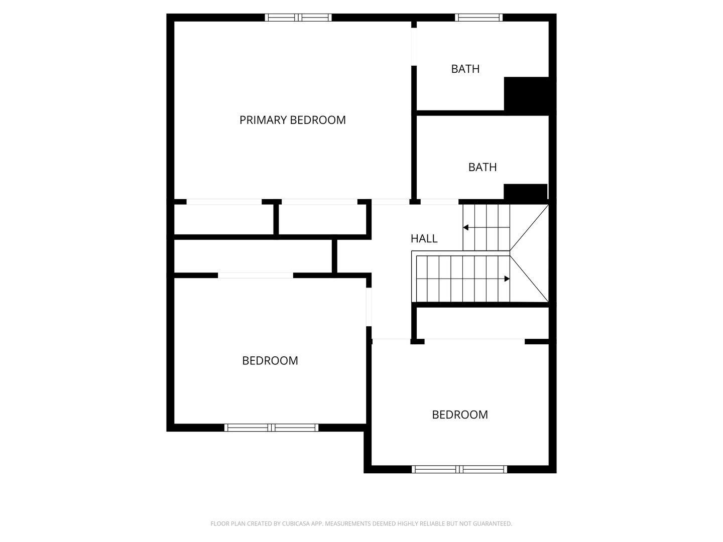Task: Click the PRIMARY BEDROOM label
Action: (x=293, y=120)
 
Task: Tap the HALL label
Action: (x=424, y=238)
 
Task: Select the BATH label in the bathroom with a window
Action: (x=465, y=69)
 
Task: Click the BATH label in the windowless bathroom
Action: (x=482, y=167)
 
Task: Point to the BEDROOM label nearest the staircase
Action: (x=460, y=415)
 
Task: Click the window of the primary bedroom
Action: (x=298, y=18)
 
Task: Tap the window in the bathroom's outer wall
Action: (x=478, y=18)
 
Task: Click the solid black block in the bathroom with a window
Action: (x=526, y=96)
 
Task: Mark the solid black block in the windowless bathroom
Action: (x=525, y=193)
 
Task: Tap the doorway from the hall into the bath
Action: (x=439, y=202)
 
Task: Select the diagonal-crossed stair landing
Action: (x=529, y=253)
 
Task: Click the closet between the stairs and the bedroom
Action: (x=483, y=323)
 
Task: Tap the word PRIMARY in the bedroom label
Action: (x=261, y=120)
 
